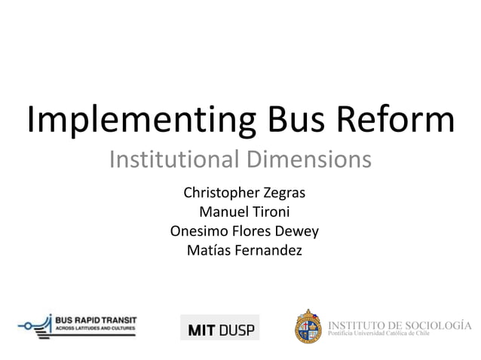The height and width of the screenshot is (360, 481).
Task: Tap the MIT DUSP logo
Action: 219,328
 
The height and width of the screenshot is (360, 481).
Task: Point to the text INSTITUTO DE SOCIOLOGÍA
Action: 400,325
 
